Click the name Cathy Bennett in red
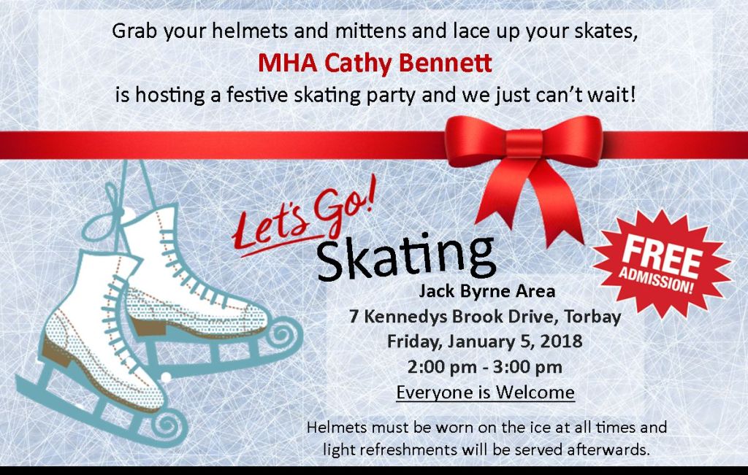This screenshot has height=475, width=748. tap(408, 63)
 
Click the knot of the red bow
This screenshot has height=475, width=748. tap(524, 144)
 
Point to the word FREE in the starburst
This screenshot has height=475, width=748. tap(662, 256)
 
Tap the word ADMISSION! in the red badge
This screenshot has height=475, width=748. tap(657, 280)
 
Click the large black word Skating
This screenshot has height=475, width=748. tap(406, 258)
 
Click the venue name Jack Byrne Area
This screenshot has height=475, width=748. tap(486, 291)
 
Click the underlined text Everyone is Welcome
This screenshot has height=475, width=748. tap(485, 393)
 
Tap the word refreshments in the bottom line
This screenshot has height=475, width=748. tap(408, 449)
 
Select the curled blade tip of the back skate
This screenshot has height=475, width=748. tap(284, 334)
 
